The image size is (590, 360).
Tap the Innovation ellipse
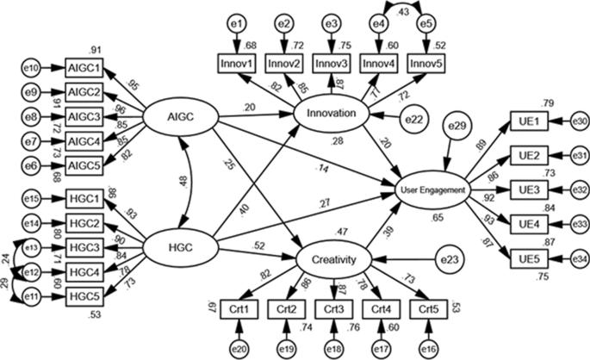pyautogui.click(x=326, y=114)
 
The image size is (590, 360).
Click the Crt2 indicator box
pyautogui.click(x=289, y=308)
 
